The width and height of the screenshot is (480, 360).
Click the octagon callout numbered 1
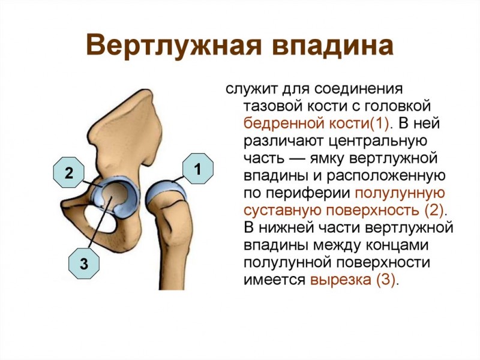[x=198, y=169]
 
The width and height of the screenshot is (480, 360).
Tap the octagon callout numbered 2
[x=68, y=172]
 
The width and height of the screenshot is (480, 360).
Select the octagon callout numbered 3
[x=83, y=263]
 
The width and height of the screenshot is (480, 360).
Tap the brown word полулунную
[x=400, y=193]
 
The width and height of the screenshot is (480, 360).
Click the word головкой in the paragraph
[x=397, y=106]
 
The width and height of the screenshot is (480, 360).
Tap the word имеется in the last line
[x=274, y=280]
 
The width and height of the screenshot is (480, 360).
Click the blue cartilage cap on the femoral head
[x=166, y=191]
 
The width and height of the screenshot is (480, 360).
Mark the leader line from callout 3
[x=100, y=222]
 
